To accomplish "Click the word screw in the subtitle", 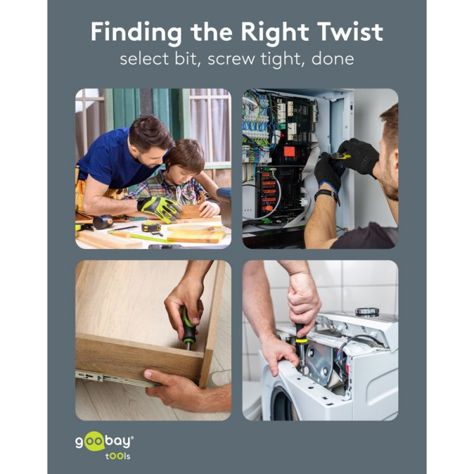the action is [231, 59].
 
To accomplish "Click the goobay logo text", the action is [104, 442].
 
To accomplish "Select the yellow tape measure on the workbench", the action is [152, 228].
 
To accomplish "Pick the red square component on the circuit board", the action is [289, 151].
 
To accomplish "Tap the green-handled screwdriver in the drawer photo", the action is [188, 328].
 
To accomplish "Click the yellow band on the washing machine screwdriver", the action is [302, 341].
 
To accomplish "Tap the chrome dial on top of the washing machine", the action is [367, 312].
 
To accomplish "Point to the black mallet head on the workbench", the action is [103, 222].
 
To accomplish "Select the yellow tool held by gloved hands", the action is [342, 156].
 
